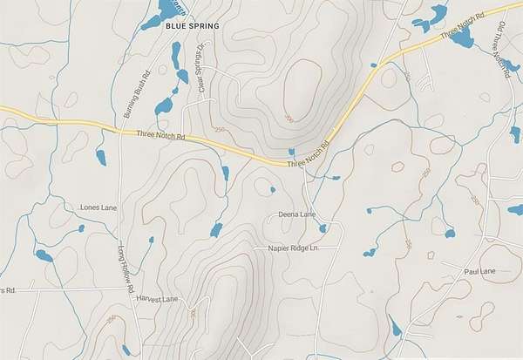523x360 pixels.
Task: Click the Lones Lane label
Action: click(98, 207)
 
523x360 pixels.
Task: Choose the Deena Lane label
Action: click(296, 214)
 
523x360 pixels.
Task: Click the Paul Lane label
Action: click(479, 272)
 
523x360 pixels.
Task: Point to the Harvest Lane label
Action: click(157, 299)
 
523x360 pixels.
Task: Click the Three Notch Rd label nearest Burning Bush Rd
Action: click(162, 136)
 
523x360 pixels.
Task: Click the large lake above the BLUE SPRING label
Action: click(164, 10)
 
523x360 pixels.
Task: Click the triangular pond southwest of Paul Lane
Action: click(397, 328)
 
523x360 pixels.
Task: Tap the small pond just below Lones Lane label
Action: click(81, 228)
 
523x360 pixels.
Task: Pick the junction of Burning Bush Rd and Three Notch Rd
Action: click(119, 130)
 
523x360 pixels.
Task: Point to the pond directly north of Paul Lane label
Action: click(450, 233)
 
